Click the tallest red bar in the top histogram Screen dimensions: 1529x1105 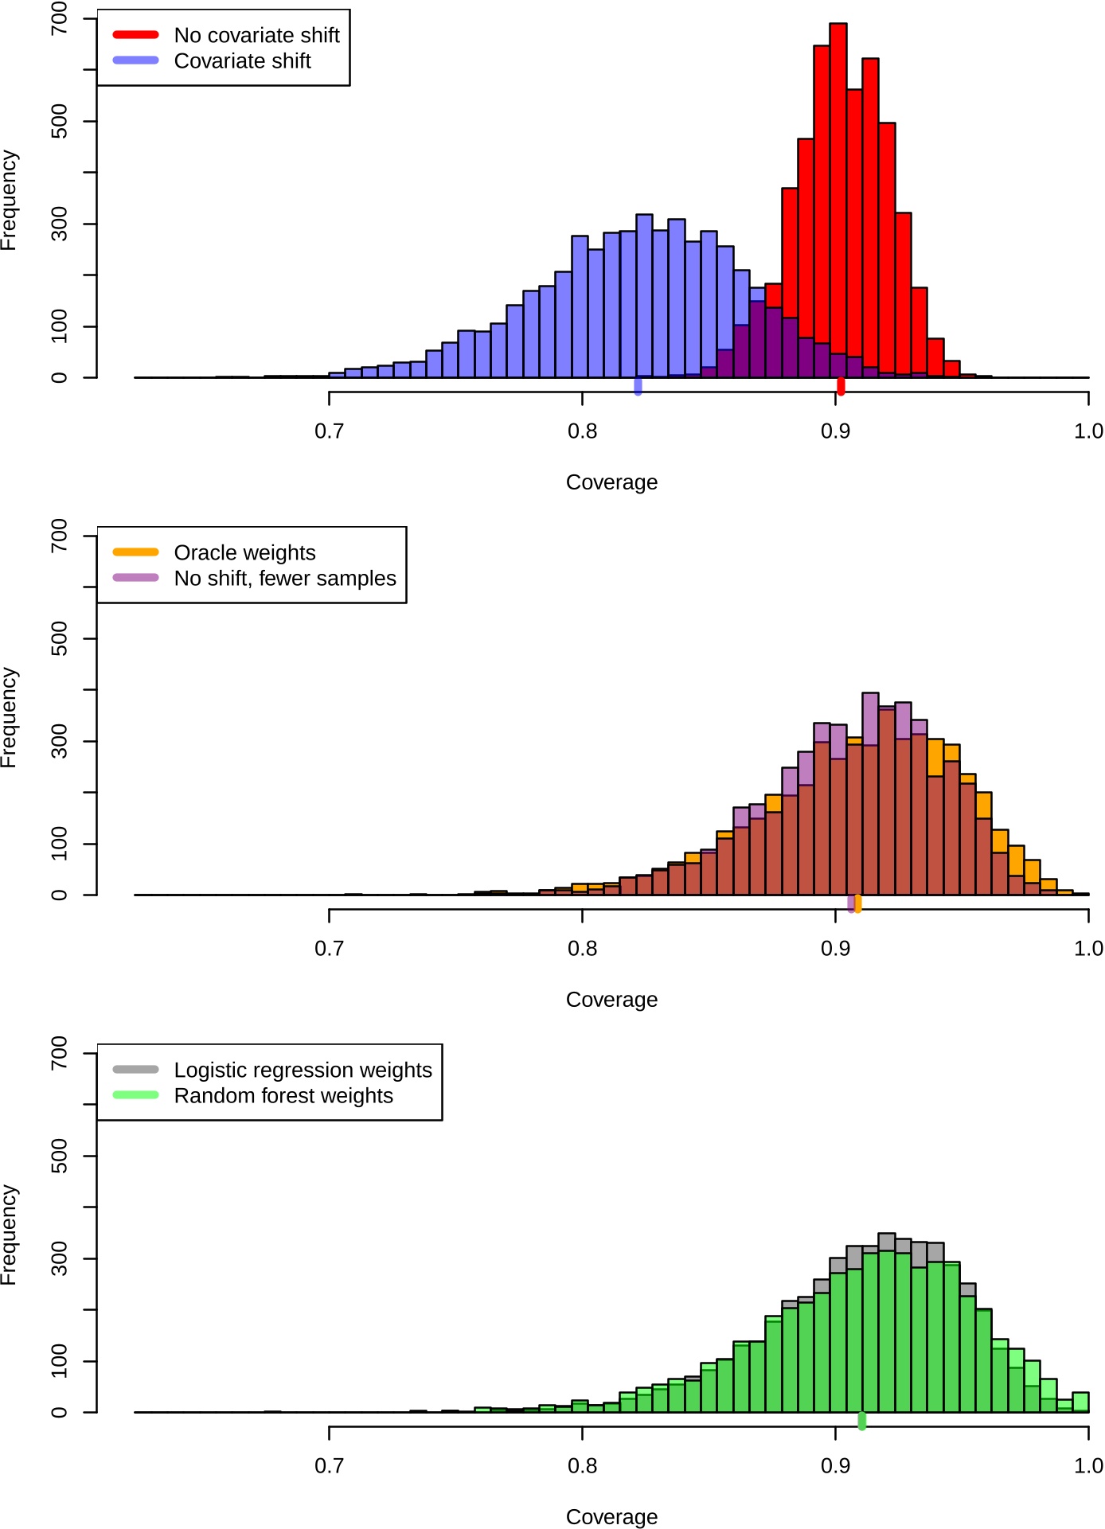838,199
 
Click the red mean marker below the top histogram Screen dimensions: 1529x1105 841,387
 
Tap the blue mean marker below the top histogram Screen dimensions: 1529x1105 638,387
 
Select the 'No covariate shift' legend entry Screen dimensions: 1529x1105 256,35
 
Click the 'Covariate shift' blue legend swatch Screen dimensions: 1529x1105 135,60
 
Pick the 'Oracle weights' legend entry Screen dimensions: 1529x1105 244,552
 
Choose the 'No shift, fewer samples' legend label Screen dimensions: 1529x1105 285,578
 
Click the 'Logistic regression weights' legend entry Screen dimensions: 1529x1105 303,1070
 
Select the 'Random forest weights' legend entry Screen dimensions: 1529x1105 283,1095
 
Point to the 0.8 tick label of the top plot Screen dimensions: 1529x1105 582,431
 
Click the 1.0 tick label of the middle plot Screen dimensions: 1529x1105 1087,949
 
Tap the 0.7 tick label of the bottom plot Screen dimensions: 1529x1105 329,1466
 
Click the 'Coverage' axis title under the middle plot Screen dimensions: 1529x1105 611,1000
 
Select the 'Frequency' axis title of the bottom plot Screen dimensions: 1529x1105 9,1235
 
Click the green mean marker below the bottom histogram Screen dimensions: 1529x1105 861,1422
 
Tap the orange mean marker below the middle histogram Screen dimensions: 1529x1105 858,903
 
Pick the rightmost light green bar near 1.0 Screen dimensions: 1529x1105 1080,1401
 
